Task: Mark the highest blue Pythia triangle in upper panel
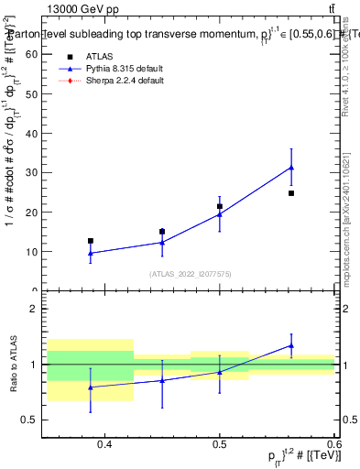coord(291,168)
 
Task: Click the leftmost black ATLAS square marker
coord(91,241)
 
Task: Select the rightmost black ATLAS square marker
coord(291,193)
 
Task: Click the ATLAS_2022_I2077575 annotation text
coord(191,274)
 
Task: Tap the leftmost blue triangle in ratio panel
coord(91,387)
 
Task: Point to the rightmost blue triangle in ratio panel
coord(291,345)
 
